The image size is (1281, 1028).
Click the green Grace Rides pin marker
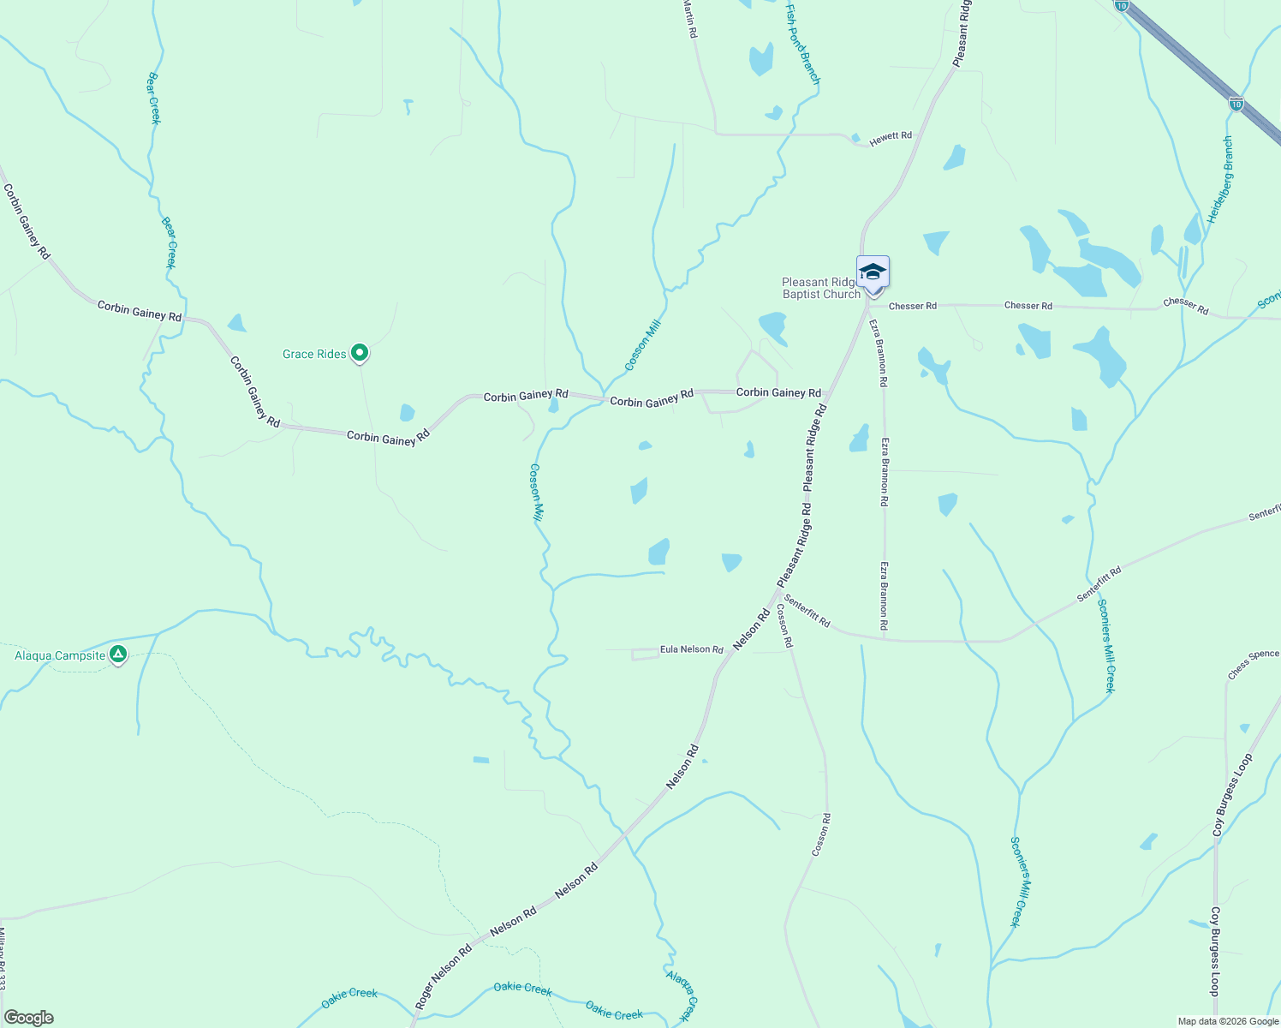[x=360, y=352]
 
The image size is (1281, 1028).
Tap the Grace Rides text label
[x=314, y=354]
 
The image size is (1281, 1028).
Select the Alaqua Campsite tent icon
[x=118, y=655]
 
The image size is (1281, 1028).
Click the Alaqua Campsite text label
[x=60, y=656]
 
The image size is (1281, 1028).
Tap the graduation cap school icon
[x=873, y=272]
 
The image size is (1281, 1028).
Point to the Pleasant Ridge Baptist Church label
[x=820, y=288]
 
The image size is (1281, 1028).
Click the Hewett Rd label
[x=891, y=139]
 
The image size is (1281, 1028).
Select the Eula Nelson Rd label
[x=691, y=649]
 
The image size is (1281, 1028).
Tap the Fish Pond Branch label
[x=803, y=43]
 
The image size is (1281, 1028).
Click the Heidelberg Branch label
[x=1220, y=180]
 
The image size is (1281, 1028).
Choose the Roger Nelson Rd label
[x=444, y=976]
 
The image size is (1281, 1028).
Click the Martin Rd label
[x=690, y=18]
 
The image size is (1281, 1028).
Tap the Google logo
[x=28, y=1018]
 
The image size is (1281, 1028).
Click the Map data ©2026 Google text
[x=1227, y=1021]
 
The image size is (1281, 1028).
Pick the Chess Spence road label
[x=1253, y=665]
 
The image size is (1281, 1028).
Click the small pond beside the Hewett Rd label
[x=855, y=137]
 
